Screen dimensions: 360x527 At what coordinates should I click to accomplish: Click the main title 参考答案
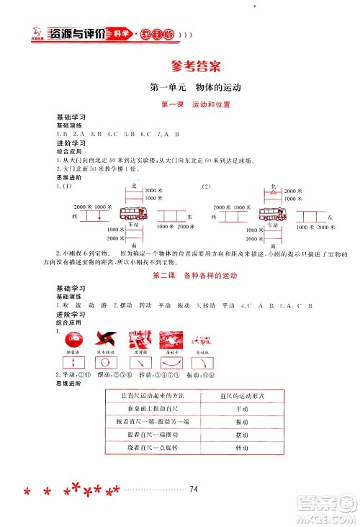(190, 64)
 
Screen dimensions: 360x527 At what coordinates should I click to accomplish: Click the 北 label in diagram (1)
(134, 186)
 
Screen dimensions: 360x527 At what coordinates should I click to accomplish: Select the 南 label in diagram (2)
(272, 245)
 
